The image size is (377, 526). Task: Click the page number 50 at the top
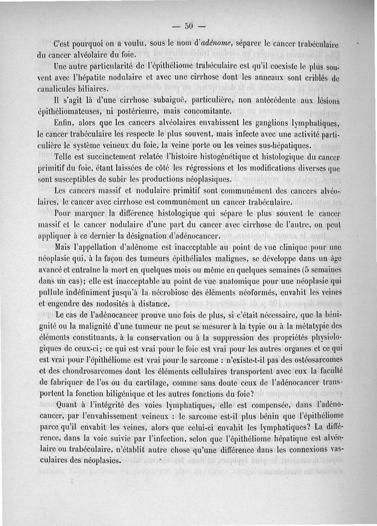click(x=188, y=25)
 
